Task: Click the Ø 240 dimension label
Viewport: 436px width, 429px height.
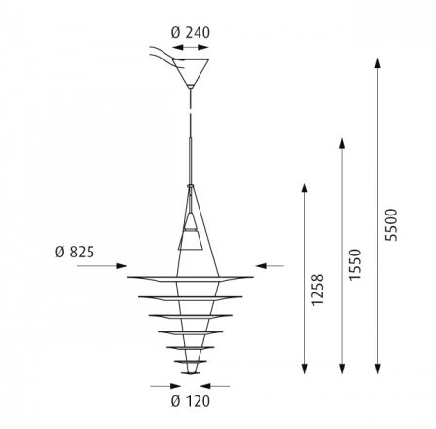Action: [191, 33]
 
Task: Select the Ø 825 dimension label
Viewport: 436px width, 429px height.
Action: [75, 252]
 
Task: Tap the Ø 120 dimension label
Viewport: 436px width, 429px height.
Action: [191, 401]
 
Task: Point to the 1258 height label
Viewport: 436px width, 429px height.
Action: [318, 290]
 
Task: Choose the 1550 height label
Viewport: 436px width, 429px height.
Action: [355, 264]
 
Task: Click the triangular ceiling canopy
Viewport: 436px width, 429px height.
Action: [191, 73]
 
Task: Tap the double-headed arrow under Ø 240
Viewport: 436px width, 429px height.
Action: [191, 48]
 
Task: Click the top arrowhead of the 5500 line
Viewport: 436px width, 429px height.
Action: [377, 62]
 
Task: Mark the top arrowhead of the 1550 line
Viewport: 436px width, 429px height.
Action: [342, 143]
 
